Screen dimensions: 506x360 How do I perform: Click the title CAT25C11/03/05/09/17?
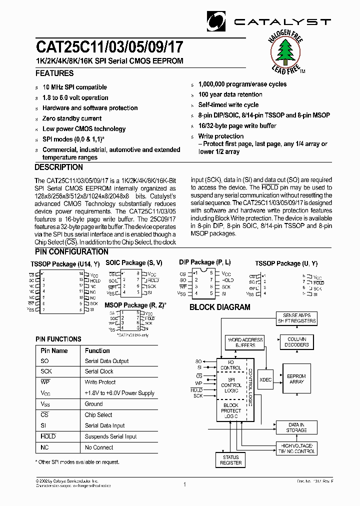click(x=109, y=47)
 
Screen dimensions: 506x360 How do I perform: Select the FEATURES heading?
click(x=54, y=73)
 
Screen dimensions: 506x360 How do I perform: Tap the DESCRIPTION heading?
click(x=59, y=167)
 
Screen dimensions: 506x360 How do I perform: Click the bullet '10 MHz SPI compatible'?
click(x=74, y=87)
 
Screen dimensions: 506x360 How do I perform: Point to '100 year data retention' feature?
click(x=230, y=94)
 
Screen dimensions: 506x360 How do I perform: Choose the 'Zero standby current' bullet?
click(x=72, y=118)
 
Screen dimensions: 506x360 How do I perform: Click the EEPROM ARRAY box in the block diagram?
click(x=296, y=379)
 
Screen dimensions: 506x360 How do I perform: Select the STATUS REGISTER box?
click(x=230, y=460)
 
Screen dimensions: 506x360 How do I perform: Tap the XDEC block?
click(x=265, y=379)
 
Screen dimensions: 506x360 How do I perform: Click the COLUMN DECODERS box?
click(x=296, y=342)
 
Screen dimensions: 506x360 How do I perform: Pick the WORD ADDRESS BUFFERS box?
click(x=245, y=342)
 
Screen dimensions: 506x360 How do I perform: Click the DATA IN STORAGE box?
click(x=296, y=427)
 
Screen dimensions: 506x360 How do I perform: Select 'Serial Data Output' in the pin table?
click(x=106, y=361)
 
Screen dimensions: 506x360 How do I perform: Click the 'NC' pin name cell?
click(x=45, y=447)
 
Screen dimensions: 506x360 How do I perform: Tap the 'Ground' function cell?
click(x=94, y=404)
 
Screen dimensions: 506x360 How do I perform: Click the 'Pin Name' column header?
click(x=54, y=350)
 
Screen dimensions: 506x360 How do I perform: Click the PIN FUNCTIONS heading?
click(x=58, y=339)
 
